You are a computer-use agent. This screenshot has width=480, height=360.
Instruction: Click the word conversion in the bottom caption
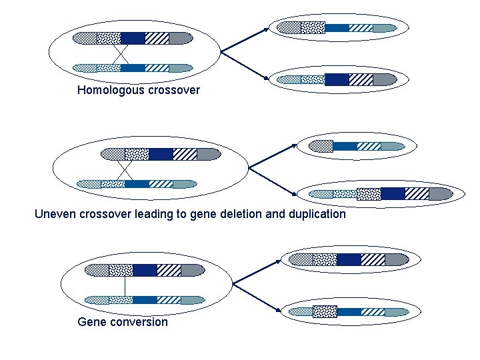click(139, 322)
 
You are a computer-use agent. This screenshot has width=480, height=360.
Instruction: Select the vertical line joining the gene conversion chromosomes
click(125, 285)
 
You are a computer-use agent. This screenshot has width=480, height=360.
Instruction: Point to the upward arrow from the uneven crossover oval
click(272, 155)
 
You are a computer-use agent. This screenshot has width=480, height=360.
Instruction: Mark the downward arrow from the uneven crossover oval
click(272, 180)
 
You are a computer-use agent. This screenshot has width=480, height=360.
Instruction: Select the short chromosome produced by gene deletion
click(359, 146)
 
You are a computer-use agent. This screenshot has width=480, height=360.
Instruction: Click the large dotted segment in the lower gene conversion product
click(325, 311)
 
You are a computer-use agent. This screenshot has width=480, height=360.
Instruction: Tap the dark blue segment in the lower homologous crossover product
click(337, 79)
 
